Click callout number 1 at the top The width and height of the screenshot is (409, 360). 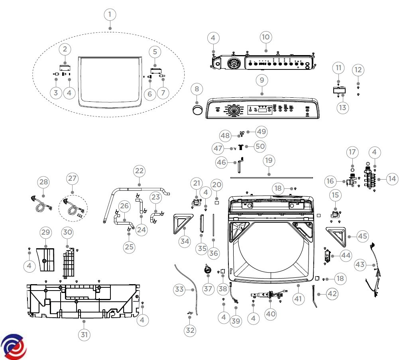(110, 15)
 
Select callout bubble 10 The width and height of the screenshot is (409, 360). (265, 37)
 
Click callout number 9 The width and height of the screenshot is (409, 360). (262, 80)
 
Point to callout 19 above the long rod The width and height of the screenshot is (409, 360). (269, 160)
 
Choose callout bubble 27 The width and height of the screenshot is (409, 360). (72, 178)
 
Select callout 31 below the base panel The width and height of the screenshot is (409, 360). (84, 334)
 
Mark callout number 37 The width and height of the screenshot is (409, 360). (208, 289)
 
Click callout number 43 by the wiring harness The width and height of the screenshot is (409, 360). (360, 265)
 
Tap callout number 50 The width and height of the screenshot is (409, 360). (260, 146)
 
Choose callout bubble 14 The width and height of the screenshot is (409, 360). (392, 179)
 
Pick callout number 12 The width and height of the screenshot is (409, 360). (358, 70)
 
